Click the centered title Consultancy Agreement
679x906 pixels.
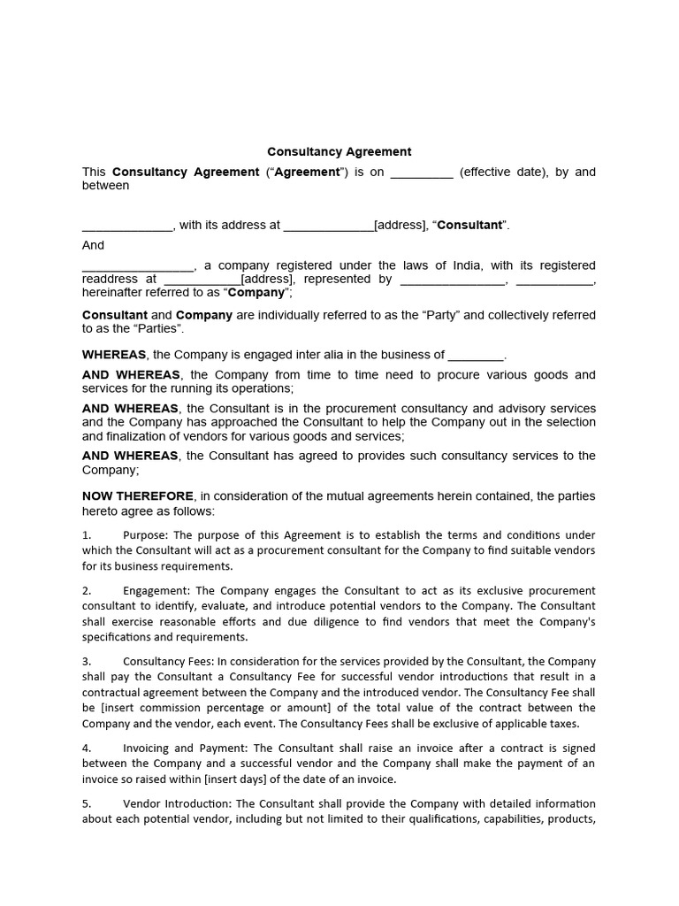(339, 152)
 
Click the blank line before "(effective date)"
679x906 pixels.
(422, 173)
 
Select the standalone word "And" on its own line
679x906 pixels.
(93, 245)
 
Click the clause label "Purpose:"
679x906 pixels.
(146, 535)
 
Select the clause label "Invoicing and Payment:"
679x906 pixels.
(187, 749)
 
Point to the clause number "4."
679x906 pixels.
(87, 749)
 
